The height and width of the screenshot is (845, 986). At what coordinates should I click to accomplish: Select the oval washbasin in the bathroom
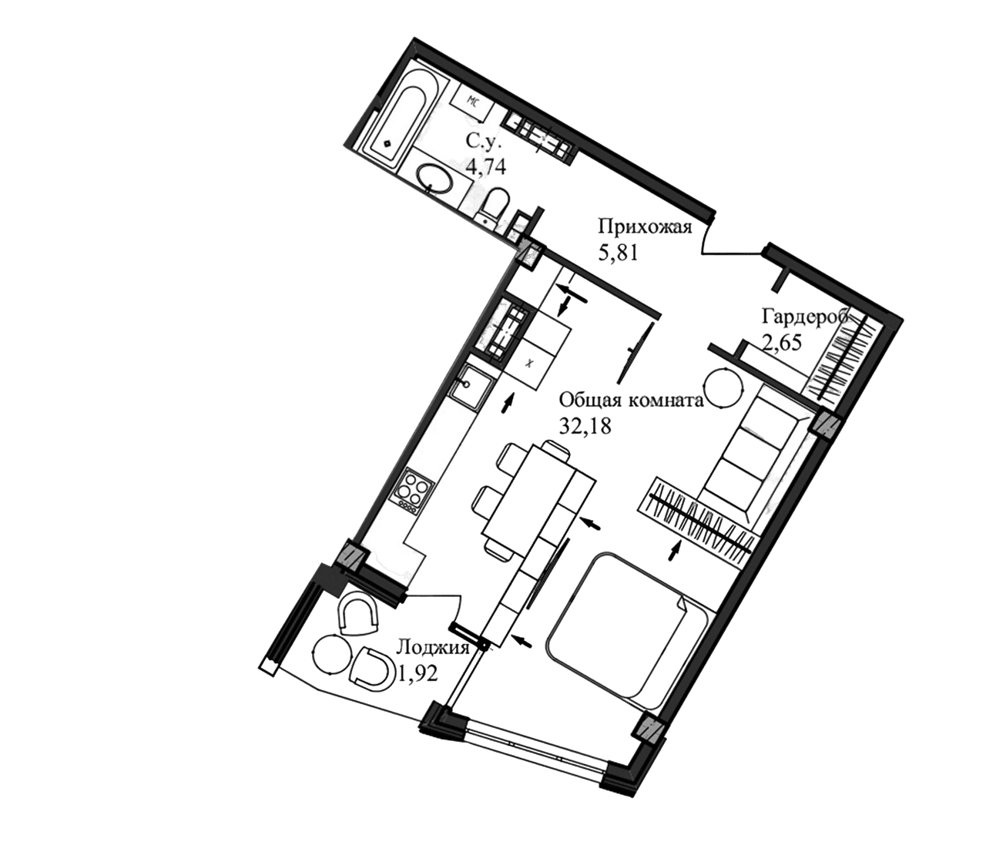click(435, 179)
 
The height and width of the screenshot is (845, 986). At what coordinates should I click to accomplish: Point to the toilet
click(494, 204)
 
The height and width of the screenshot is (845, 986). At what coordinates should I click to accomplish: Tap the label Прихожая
click(646, 227)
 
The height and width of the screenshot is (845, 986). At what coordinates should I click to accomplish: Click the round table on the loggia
click(330, 656)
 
